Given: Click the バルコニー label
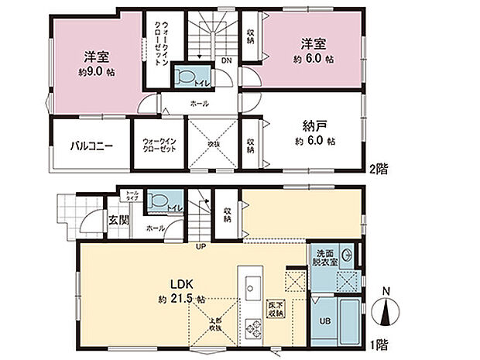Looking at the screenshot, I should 87,145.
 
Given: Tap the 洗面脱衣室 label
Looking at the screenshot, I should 324,257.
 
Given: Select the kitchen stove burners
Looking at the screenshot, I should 252,328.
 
